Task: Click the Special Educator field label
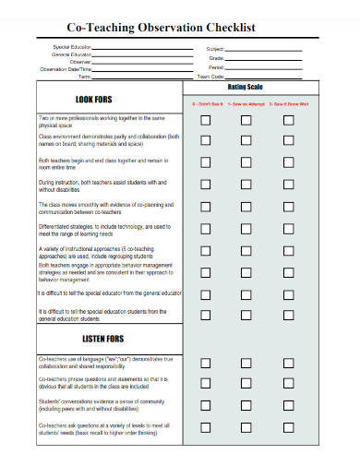72,47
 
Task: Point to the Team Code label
211,77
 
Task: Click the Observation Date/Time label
66,69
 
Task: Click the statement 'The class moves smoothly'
102,207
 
